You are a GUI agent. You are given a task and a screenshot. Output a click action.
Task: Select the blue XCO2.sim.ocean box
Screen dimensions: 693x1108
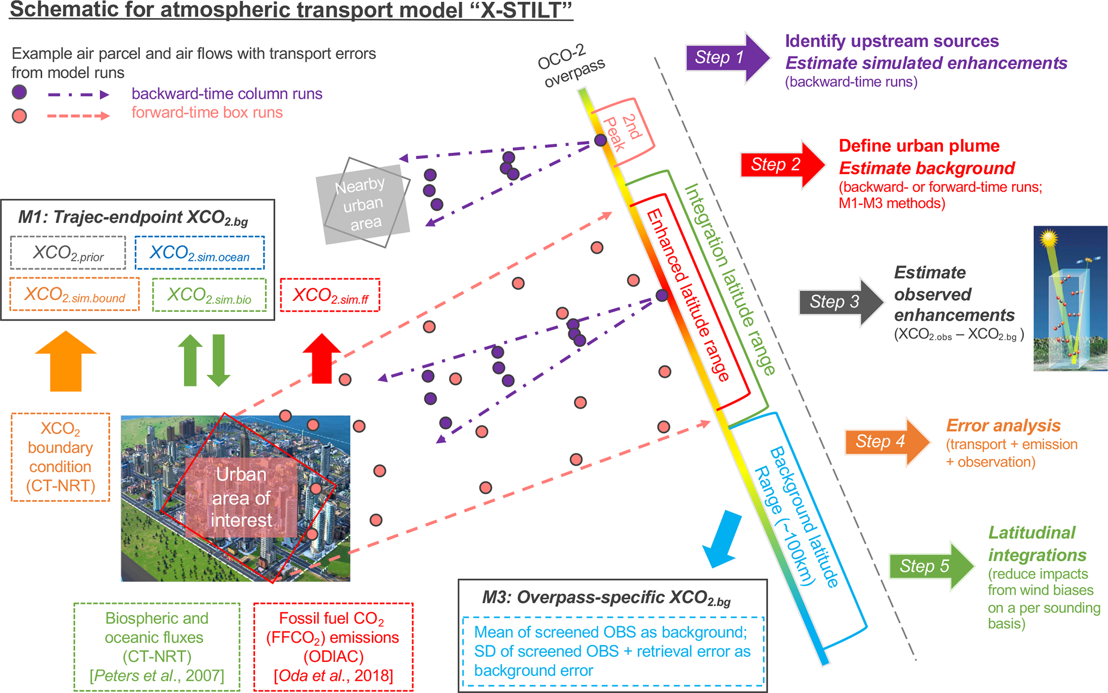[199, 253]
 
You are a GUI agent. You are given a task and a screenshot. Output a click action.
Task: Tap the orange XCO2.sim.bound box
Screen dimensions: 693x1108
[75, 294]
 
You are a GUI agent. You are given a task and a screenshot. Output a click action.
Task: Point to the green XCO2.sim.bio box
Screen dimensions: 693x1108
[209, 295]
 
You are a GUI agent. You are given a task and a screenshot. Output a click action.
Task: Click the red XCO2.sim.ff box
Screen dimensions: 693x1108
[330, 295]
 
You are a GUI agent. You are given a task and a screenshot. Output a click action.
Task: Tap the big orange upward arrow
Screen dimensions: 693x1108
[65, 362]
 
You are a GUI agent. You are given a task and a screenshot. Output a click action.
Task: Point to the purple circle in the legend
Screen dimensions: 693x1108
[19, 93]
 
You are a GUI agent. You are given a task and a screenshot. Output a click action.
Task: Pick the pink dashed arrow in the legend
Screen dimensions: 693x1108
[78, 115]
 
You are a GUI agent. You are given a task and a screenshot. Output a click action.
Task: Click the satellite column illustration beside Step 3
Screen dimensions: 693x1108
[1070, 298]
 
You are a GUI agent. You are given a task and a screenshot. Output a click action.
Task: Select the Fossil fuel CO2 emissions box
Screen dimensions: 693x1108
[333, 647]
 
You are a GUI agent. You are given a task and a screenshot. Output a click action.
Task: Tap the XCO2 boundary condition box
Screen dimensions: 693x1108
[61, 457]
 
